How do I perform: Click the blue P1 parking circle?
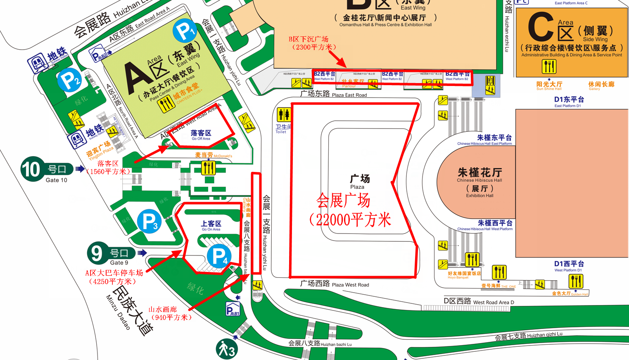click(x=185, y=30)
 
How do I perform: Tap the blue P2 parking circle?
click(x=69, y=80)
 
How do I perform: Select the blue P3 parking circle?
click(x=149, y=221)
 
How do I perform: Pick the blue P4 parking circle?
click(x=219, y=256)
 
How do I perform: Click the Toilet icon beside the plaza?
click(x=284, y=114)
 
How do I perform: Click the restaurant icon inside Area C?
click(x=549, y=66)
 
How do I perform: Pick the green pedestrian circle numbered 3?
click(x=227, y=350)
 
